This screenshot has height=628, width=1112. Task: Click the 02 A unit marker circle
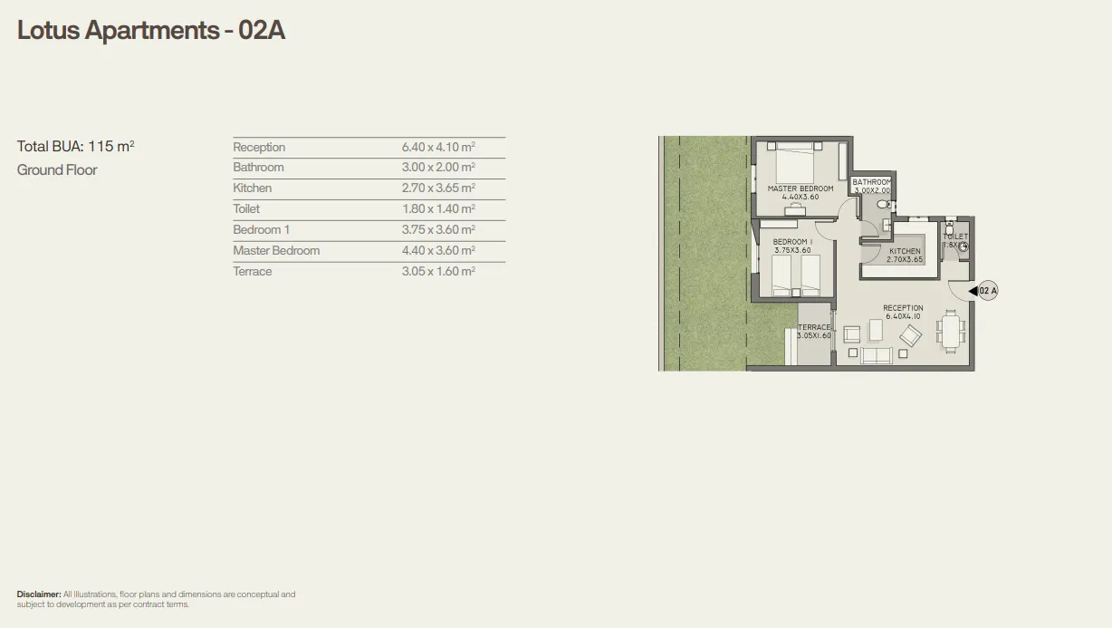[987, 291]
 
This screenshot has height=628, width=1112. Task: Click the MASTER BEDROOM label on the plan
[800, 188]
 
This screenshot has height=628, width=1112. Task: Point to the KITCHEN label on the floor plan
[905, 251]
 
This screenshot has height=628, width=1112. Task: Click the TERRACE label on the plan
[814, 327]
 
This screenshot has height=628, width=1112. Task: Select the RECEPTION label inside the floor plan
[903, 308]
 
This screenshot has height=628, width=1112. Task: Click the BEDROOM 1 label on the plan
[792, 242]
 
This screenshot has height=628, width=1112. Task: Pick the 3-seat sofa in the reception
[877, 355]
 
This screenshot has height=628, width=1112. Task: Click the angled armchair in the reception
[910, 336]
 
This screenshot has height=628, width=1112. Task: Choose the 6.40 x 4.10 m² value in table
[438, 147]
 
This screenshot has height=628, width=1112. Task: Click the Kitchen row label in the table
[252, 188]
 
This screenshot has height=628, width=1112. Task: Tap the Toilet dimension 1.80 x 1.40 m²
[438, 209]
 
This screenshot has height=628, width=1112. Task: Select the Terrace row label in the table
[252, 272]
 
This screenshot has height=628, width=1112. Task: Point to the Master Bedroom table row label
[276, 251]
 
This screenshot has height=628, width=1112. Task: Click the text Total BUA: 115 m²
[75, 146]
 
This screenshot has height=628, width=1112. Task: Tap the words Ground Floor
[57, 170]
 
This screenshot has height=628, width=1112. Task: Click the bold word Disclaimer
[39, 594]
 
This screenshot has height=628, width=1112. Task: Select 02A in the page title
[262, 30]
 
